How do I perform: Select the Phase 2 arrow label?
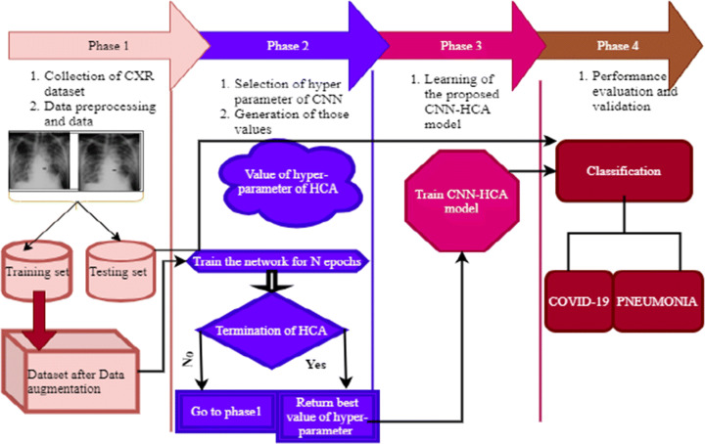coord(291,46)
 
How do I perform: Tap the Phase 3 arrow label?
coord(456,46)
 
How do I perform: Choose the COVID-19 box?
coord(579,301)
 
